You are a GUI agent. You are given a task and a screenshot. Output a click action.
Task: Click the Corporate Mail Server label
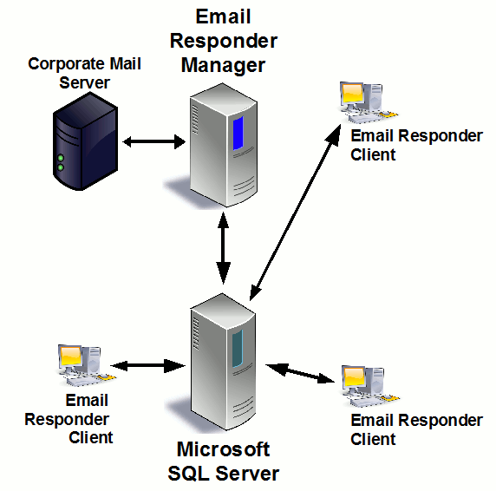[84, 73]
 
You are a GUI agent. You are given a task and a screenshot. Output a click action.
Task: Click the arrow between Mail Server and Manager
[154, 141]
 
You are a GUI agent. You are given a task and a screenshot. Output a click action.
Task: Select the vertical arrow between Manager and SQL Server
[225, 246]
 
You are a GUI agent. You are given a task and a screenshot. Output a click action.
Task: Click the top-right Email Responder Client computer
[363, 101]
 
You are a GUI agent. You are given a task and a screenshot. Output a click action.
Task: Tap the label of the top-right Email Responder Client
[415, 145]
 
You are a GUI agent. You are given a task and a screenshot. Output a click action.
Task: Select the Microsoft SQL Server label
[224, 462]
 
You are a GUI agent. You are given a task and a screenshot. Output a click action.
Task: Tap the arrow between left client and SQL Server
[147, 366]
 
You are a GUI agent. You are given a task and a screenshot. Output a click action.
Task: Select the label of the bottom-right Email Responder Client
[415, 429]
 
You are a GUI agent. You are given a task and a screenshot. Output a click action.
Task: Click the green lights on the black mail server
[60, 162]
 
